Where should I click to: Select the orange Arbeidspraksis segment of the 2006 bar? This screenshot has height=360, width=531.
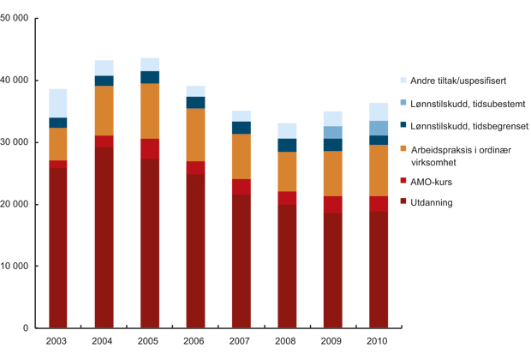pyautogui.click(x=195, y=135)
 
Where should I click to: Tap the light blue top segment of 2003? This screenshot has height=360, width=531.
pyautogui.click(x=58, y=103)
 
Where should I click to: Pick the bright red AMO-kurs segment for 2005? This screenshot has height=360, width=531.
pyautogui.click(x=150, y=148)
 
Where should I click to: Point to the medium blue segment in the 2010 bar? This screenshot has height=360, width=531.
pyautogui.click(x=378, y=128)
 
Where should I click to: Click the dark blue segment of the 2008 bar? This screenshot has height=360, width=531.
pyautogui.click(x=287, y=145)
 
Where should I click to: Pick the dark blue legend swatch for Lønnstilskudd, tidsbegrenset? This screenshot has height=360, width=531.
pyautogui.click(x=403, y=126)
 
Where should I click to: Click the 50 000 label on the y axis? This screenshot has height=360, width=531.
pyautogui.click(x=15, y=19)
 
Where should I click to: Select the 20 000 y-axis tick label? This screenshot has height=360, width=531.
pyautogui.click(x=15, y=205)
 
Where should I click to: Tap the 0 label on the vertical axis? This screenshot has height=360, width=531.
pyautogui.click(x=26, y=328)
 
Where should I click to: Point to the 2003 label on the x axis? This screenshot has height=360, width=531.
pyautogui.click(x=58, y=341)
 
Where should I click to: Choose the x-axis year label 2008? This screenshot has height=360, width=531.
pyautogui.click(x=287, y=341)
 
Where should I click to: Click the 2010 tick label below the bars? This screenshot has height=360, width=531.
pyautogui.click(x=378, y=341)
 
